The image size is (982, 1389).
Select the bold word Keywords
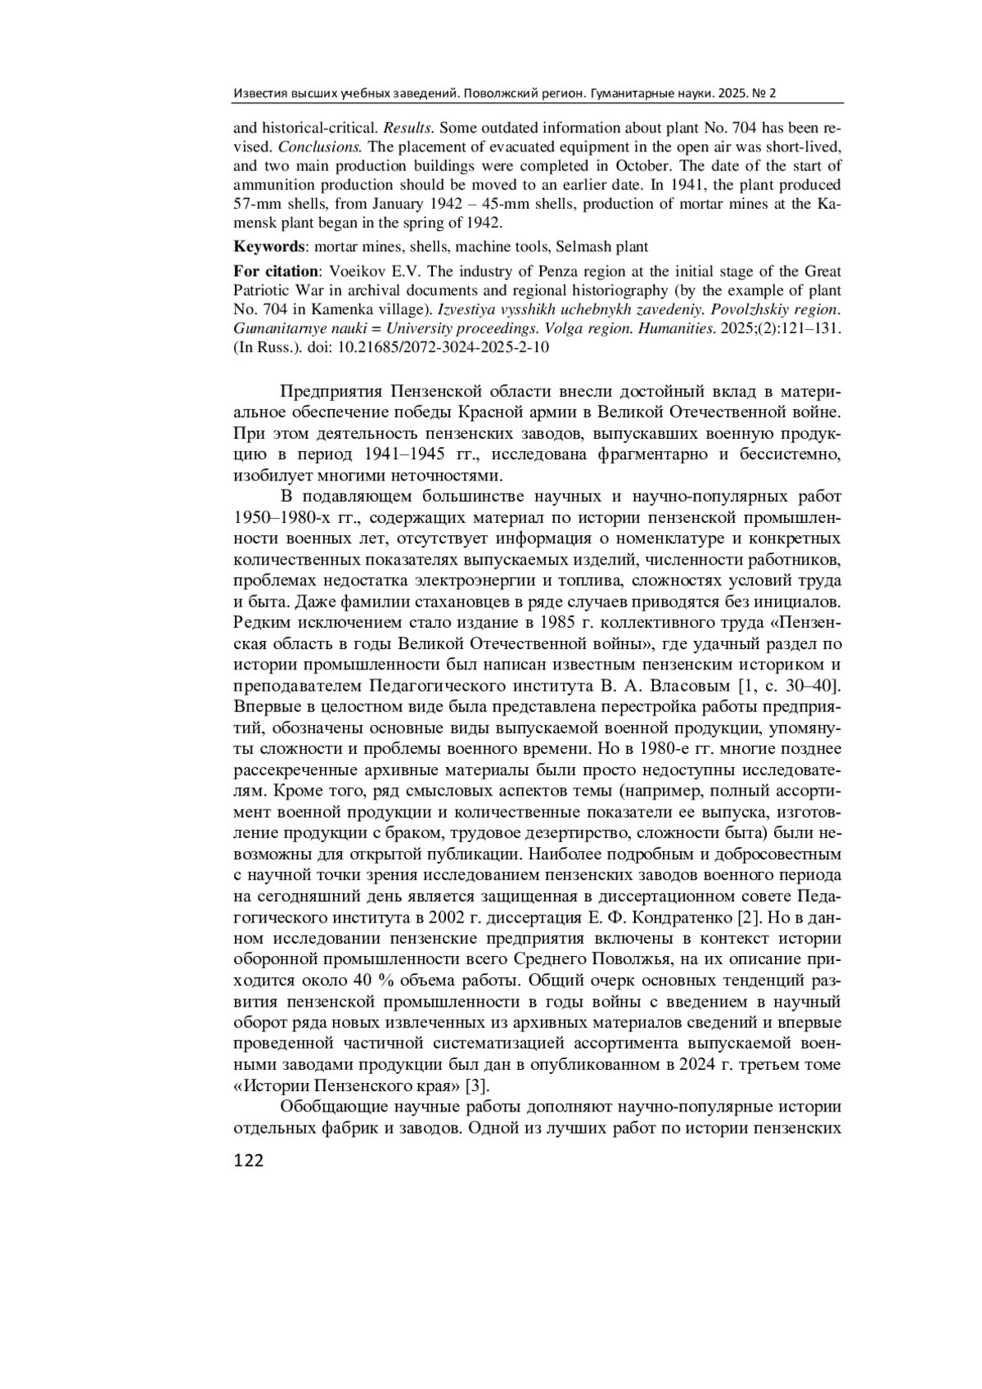pos(268,246)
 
